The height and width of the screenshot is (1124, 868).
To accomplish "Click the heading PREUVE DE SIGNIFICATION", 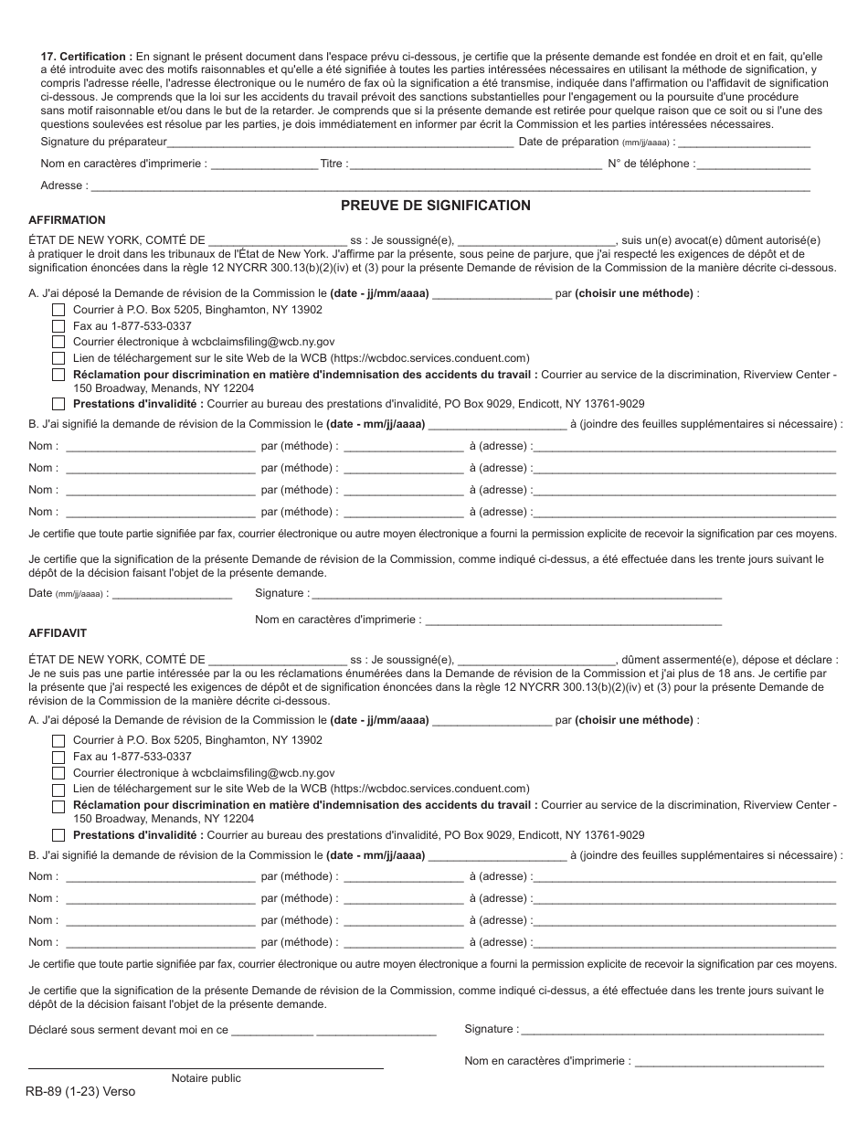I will coord(435,206).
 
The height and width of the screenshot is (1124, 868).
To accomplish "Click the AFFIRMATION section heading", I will coord(67,220).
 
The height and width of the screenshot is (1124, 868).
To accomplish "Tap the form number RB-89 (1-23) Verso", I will coord(81,1092).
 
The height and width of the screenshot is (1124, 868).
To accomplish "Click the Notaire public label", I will coord(206,1078).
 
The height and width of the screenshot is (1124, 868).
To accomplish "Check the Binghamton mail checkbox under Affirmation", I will coord(58,311).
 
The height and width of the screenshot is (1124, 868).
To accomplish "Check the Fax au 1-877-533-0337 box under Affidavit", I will coord(58,758).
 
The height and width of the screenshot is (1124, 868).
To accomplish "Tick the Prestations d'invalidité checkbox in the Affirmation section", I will coord(58,404).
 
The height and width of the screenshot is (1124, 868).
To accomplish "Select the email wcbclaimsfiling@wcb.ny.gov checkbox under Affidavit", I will coord(58,774).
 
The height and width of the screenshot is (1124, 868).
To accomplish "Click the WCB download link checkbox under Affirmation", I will coord(58,359).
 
